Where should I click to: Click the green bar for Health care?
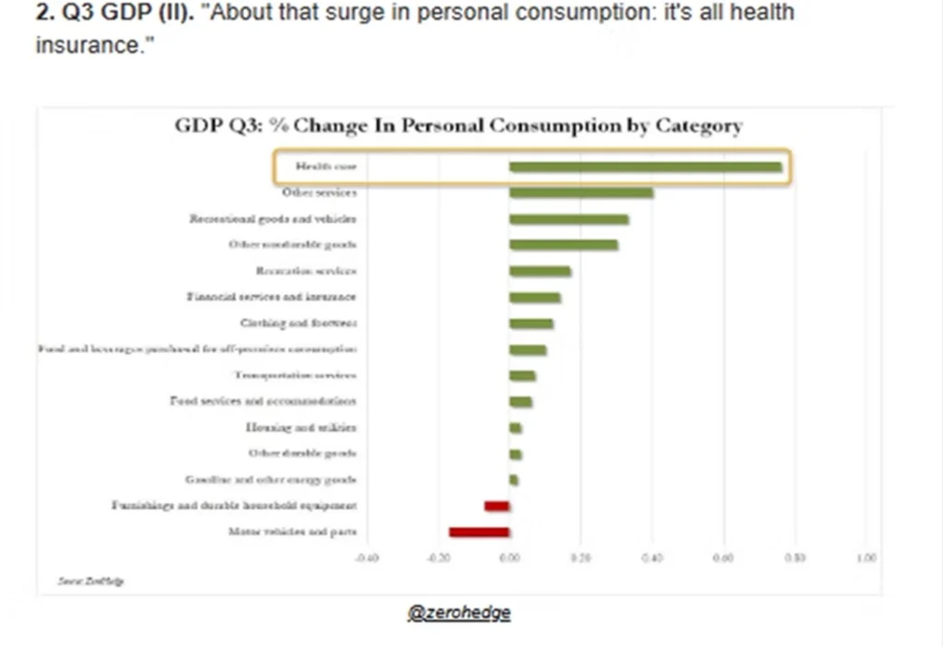pyautogui.click(x=645, y=167)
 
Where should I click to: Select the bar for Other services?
pyautogui.click(x=581, y=193)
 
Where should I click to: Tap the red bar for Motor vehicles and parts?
pyautogui.click(x=479, y=532)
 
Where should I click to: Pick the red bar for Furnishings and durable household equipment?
pyautogui.click(x=497, y=506)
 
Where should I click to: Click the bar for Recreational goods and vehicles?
pyautogui.click(x=569, y=219)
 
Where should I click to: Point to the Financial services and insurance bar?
pyautogui.click(x=535, y=297)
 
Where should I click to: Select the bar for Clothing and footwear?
pyautogui.click(x=531, y=323)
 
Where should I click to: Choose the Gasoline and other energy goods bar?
pyautogui.click(x=514, y=480)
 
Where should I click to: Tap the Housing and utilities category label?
pyautogui.click(x=300, y=428)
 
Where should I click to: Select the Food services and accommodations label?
pyautogui.click(x=263, y=401)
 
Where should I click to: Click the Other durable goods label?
pyautogui.click(x=302, y=453)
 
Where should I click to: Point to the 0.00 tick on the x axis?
pyautogui.click(x=509, y=558)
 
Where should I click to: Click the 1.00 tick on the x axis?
pyautogui.click(x=866, y=558)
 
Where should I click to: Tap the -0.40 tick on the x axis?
pyautogui.click(x=367, y=558)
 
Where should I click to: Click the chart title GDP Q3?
pyautogui.click(x=459, y=126)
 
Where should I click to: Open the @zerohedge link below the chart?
pyautogui.click(x=459, y=613)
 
